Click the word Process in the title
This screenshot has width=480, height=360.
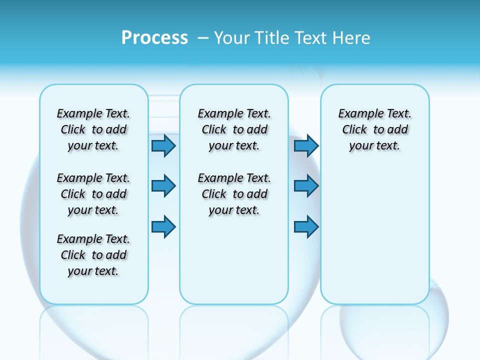coord(154,38)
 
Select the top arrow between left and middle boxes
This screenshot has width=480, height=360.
coord(163,145)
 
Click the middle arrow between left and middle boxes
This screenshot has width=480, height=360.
coord(163,186)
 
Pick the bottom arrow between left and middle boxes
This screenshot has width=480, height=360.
coord(163,226)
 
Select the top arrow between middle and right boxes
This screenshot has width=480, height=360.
coord(306,145)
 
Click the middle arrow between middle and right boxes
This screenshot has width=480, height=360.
coord(306,186)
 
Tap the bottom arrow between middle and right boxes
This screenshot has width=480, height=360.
coord(306,226)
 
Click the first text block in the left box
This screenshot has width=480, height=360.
coord(93,129)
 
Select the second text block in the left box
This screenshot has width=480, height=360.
coord(93,194)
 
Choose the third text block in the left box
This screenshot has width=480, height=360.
coord(93,255)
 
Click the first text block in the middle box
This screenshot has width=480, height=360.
coord(234,129)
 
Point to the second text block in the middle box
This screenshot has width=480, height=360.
coord(234,194)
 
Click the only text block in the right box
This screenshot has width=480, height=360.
coord(374,129)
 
